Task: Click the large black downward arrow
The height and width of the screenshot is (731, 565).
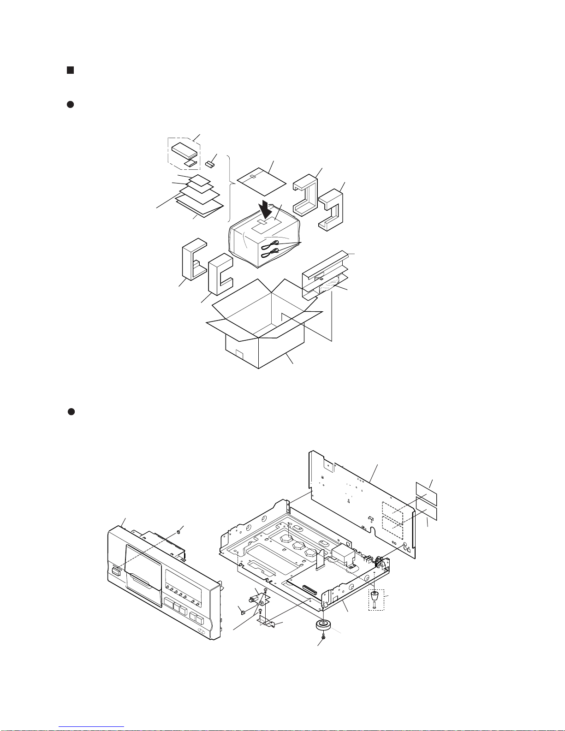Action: (x=266, y=211)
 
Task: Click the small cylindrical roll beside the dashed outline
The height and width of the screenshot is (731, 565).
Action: (x=211, y=164)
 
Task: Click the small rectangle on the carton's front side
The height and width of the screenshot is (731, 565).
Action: (x=239, y=355)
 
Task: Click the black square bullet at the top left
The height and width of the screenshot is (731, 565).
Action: (x=70, y=70)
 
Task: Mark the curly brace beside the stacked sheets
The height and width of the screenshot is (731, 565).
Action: (x=229, y=189)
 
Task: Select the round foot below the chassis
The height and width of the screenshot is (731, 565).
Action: (x=324, y=626)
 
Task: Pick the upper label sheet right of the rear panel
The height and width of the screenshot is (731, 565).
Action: (x=426, y=493)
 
